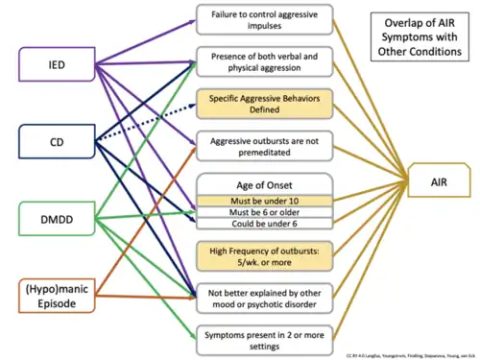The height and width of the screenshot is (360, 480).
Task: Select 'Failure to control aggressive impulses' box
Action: (x=264, y=18)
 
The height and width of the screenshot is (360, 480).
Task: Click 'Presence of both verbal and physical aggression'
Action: (x=264, y=60)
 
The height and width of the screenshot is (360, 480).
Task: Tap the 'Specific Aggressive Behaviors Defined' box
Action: (x=264, y=104)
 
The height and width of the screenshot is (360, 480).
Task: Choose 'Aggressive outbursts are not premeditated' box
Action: (x=264, y=146)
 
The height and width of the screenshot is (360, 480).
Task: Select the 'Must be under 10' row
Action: (x=264, y=202)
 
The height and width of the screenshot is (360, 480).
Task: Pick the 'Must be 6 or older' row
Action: (x=264, y=213)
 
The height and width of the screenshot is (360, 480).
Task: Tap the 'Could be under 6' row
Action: (x=264, y=225)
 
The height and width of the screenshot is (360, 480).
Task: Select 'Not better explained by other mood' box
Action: (x=264, y=297)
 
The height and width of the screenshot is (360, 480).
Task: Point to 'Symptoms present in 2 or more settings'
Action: (x=264, y=339)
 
